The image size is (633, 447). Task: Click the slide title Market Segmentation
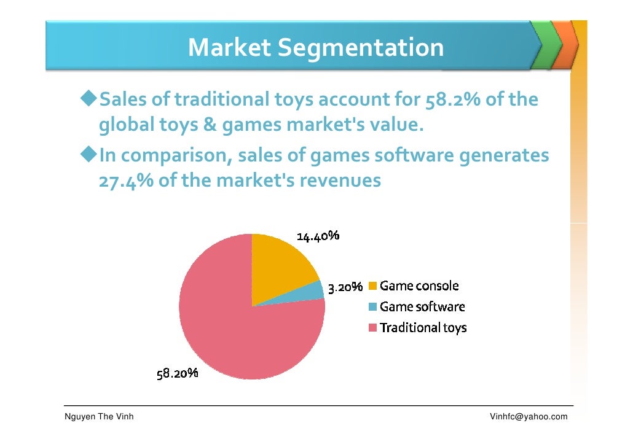click(315, 47)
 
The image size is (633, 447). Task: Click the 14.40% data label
click(318, 236)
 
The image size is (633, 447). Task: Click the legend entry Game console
click(419, 286)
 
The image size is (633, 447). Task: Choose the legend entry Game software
click(422, 306)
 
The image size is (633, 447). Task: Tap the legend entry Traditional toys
click(423, 327)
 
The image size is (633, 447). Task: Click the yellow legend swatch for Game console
click(372, 286)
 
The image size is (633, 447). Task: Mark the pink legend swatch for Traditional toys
click(372, 328)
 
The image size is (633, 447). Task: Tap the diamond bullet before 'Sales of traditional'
click(89, 98)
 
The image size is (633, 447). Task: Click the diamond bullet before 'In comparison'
click(89, 155)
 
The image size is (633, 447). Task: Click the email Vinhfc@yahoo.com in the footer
click(528, 418)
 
